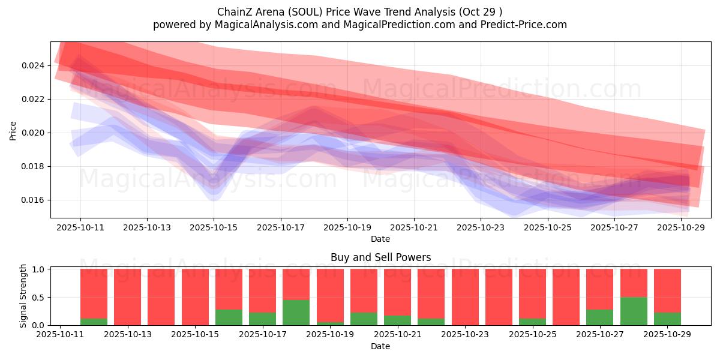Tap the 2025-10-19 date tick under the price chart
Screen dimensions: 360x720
tap(347, 227)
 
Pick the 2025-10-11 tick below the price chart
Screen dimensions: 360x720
tap(80, 227)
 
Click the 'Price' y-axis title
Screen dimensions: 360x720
tap(13, 130)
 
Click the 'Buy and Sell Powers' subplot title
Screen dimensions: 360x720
tap(380, 257)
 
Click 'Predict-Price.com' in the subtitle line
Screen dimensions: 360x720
tap(520, 25)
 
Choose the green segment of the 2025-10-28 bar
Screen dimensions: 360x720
tap(634, 311)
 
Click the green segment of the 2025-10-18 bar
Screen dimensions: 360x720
tap(296, 313)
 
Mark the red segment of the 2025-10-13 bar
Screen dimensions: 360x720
tap(127, 296)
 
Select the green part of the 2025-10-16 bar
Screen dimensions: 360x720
tap(229, 317)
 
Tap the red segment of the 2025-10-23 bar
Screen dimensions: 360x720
tap(465, 296)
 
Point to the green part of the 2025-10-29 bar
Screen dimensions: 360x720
tap(667, 319)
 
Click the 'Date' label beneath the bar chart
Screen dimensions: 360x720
tap(380, 346)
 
